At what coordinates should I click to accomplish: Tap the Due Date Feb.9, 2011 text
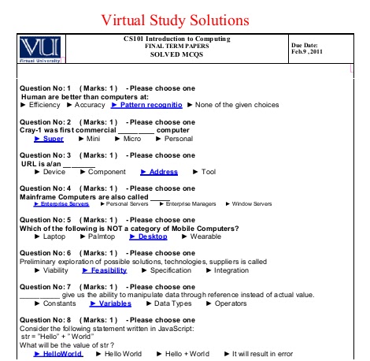(x=306, y=49)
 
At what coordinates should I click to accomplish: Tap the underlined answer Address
(x=163, y=171)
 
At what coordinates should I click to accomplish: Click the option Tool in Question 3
(x=208, y=171)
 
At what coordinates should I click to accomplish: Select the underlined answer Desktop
(x=153, y=236)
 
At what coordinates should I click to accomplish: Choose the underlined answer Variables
(x=114, y=303)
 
